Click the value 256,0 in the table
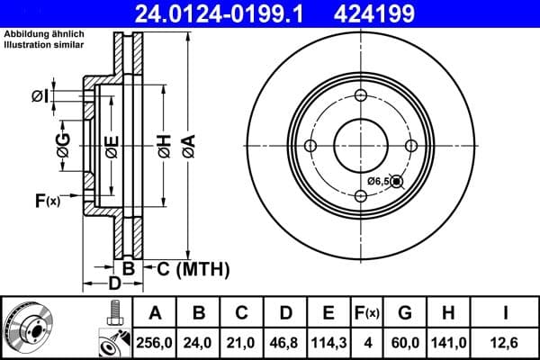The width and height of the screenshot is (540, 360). pos(155,341)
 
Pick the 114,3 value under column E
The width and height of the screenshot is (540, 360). pos(328,341)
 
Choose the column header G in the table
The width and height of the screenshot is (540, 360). pos(405,313)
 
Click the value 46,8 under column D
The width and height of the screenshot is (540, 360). pos(285,341)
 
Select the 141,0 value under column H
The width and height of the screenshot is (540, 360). pos(448,341)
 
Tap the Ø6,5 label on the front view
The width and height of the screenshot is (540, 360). pos(378,181)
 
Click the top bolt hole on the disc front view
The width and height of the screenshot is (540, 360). pos(361,97)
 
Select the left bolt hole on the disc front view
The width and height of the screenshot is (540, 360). pos(310,147)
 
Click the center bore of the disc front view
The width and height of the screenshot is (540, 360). pos(361,147)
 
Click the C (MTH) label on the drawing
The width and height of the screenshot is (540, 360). pos(193,268)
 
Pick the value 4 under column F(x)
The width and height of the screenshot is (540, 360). pos(367,341)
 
